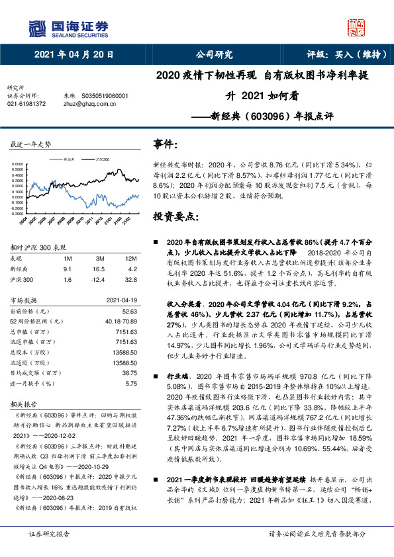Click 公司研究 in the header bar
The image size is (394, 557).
pos(213,55)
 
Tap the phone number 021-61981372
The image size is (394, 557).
pos(26,103)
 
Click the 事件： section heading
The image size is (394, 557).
pos(166,144)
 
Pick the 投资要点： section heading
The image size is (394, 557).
pos(175,216)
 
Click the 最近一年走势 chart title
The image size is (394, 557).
pos(31,144)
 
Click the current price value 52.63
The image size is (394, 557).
pos(130,310)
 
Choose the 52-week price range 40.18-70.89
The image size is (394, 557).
pos(120,320)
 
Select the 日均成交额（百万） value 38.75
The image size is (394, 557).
pos(130,373)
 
